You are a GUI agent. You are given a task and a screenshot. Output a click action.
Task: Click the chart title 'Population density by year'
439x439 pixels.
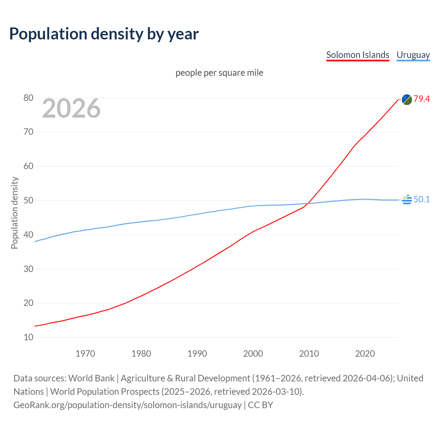click(x=104, y=34)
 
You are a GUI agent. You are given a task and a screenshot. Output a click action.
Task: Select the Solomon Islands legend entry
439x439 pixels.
click(x=358, y=55)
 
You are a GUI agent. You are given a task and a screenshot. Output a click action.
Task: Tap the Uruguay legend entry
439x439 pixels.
click(x=413, y=55)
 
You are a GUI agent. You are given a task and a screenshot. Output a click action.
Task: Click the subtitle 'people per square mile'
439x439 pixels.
click(x=219, y=73)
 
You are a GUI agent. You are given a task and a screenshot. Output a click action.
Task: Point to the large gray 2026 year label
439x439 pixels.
click(x=71, y=108)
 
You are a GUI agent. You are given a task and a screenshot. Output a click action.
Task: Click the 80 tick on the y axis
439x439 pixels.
click(x=28, y=98)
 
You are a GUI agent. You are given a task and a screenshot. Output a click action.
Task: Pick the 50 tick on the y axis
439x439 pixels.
click(x=28, y=201)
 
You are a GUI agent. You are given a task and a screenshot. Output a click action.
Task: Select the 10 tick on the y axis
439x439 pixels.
click(x=28, y=337)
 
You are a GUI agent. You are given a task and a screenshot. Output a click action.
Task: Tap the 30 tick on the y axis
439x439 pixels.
click(x=28, y=269)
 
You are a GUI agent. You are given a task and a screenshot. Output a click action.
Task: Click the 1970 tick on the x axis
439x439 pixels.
click(x=85, y=354)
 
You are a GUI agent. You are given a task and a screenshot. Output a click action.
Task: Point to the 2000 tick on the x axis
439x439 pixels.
click(x=253, y=354)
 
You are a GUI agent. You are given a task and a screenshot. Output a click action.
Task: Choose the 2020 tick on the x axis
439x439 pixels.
click(x=365, y=354)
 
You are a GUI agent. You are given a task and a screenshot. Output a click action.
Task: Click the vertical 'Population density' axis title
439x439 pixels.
click(x=14, y=213)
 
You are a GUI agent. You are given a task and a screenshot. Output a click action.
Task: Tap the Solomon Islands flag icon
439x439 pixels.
click(x=407, y=99)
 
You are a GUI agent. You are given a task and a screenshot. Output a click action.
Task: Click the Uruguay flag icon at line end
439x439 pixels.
click(x=407, y=200)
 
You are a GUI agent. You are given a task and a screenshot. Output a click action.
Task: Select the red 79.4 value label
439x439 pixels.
click(x=422, y=99)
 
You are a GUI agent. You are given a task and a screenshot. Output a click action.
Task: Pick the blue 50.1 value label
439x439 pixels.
click(x=422, y=200)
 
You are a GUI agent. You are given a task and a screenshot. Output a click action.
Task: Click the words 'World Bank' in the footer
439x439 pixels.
click(x=91, y=378)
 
